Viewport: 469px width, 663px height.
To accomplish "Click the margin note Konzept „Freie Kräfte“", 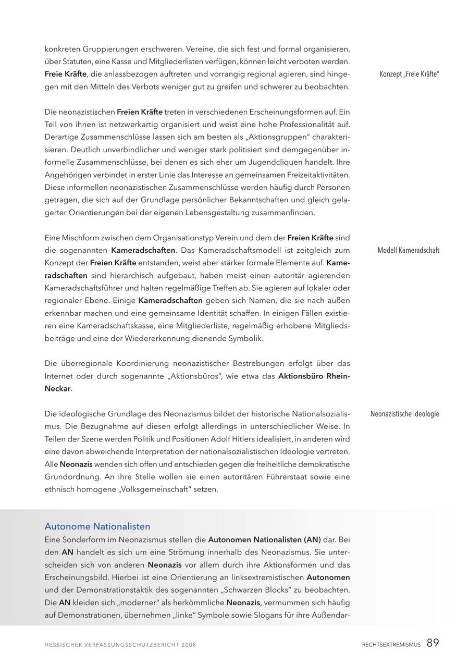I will coord(409,74).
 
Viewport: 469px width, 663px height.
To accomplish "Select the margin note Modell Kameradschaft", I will coord(408,250).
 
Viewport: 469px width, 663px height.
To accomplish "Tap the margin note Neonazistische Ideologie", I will coord(404,414).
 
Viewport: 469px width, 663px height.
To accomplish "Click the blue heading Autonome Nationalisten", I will coord(97,526).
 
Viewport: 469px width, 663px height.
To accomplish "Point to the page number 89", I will coord(433,643).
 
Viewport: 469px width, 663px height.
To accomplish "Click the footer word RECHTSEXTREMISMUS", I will coord(391,645).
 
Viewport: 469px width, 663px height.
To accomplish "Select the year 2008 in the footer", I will coord(189,645).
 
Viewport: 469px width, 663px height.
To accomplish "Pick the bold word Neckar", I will coord(57,388).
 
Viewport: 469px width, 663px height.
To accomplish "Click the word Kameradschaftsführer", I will coord(84,288).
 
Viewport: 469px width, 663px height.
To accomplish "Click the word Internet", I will coord(58,376).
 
